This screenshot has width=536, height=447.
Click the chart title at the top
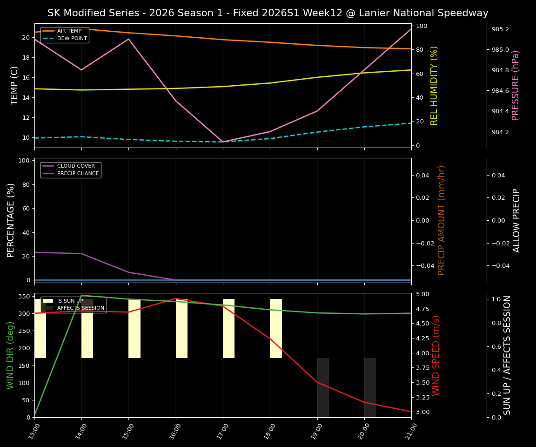268,13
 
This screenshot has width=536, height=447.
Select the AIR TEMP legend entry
69,31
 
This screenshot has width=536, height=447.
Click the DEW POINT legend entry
72,39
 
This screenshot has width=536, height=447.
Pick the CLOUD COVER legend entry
75,166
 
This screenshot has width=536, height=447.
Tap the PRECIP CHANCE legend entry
78,174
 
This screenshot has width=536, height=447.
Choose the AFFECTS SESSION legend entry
80,308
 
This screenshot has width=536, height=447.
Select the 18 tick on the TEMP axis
26,58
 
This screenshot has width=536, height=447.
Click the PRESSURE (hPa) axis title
516,85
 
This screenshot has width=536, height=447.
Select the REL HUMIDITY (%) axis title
435,85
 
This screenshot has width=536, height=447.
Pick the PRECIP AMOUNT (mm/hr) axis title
442,220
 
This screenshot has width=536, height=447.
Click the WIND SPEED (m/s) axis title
436,355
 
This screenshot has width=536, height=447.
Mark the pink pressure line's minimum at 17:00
223,142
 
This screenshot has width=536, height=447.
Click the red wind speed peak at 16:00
176,298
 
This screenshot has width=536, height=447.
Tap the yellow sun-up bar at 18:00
276,328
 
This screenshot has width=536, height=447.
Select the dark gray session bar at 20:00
370,387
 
